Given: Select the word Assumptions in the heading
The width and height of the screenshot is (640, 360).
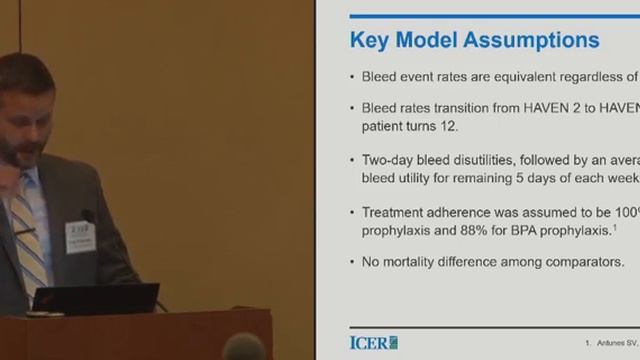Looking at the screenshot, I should tap(537, 40).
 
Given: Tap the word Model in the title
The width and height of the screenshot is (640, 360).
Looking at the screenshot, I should tap(436, 40).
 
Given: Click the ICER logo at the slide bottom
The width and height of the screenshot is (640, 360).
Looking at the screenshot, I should tap(373, 340).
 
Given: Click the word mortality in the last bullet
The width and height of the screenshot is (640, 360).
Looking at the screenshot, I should tap(417, 263).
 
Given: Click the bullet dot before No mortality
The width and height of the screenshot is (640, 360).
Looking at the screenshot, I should tap(353, 263).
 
